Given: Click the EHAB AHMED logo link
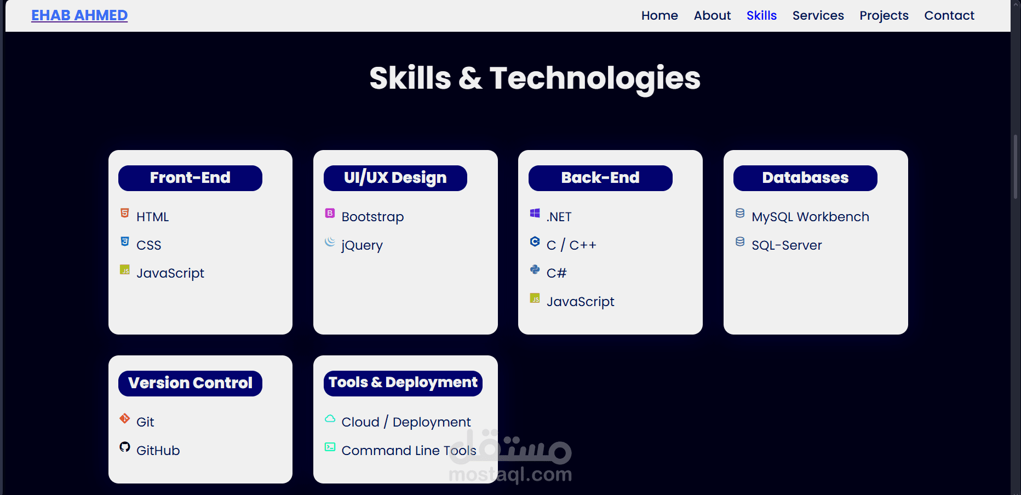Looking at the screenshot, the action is pyautogui.click(x=79, y=15).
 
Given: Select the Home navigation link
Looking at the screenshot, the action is pyautogui.click(x=659, y=15).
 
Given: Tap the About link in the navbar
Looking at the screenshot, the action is pyautogui.click(x=712, y=15).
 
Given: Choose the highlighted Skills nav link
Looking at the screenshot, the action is pyautogui.click(x=761, y=15).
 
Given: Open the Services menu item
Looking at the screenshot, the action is pyautogui.click(x=818, y=15).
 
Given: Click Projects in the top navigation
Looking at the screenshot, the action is pyautogui.click(x=884, y=16).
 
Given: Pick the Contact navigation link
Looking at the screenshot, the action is pyautogui.click(x=949, y=15).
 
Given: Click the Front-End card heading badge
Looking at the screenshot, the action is pyautogui.click(x=190, y=178).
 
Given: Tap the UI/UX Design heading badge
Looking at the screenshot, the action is pyautogui.click(x=395, y=178).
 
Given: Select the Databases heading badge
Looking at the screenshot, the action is pyautogui.click(x=805, y=178).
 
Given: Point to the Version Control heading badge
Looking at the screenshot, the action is pyautogui.click(x=190, y=383).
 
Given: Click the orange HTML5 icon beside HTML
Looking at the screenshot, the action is pyautogui.click(x=125, y=213).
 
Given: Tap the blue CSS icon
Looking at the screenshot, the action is pyautogui.click(x=125, y=241).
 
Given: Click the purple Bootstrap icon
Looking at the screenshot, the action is pyautogui.click(x=330, y=213).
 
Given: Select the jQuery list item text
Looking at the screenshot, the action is pyautogui.click(x=362, y=245).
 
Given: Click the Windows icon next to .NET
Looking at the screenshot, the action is pyautogui.click(x=535, y=213).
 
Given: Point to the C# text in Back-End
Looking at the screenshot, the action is pyautogui.click(x=557, y=273).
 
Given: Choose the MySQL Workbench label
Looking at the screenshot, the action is pyautogui.click(x=810, y=217).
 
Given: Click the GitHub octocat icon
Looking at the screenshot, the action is pyautogui.click(x=125, y=447).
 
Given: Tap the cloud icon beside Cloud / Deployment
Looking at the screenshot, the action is pyautogui.click(x=330, y=419).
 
